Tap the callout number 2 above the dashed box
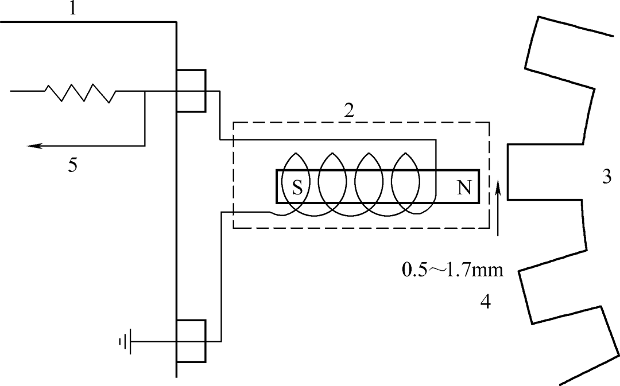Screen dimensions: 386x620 point(348,111)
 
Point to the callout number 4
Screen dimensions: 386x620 point(485,302)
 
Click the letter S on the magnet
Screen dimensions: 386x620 point(297,188)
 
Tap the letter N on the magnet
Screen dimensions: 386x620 point(464,188)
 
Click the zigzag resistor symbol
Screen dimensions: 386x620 point(80,92)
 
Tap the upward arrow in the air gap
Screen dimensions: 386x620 point(498,206)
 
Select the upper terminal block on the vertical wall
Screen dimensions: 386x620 point(191,91)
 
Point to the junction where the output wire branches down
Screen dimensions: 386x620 point(145,92)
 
